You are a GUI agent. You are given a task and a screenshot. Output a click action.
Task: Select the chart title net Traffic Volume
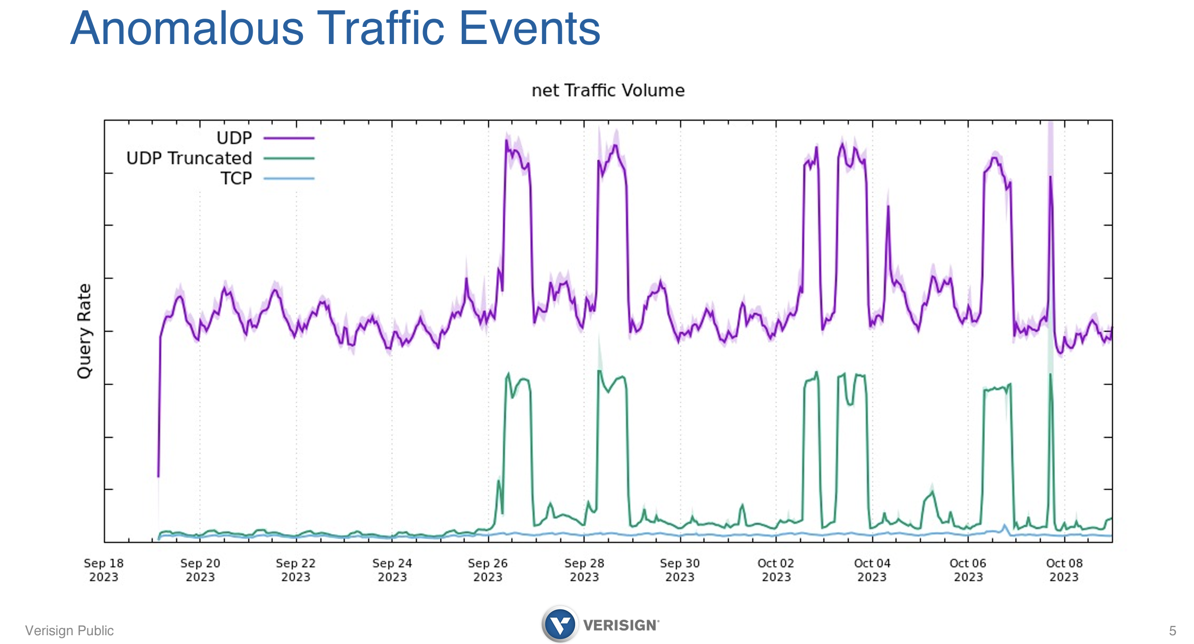[608, 91]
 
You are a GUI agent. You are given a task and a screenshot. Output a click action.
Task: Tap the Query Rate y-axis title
[84, 331]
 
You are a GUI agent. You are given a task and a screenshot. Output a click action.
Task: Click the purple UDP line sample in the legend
[289, 138]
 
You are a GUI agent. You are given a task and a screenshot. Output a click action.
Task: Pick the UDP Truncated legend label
[189, 158]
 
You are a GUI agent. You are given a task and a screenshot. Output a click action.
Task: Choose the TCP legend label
[236, 179]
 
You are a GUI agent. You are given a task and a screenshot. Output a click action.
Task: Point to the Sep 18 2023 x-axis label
[104, 570]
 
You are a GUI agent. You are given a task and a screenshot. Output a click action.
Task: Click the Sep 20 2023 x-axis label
[200, 570]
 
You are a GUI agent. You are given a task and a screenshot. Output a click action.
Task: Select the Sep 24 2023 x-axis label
[392, 570]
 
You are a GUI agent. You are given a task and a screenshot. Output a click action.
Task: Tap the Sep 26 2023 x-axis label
[488, 570]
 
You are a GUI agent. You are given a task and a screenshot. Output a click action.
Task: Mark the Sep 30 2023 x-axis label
[680, 570]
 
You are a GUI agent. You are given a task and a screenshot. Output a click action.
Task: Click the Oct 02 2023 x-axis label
[776, 570]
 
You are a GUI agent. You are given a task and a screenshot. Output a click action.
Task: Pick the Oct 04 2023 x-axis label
[872, 570]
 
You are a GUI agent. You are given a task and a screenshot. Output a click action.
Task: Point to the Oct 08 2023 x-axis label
[1064, 570]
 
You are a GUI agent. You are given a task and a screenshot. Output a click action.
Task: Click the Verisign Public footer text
[69, 631]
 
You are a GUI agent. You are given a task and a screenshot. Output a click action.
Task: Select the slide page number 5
[1172, 631]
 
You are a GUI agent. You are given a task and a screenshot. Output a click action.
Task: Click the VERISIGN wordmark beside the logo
[620, 625]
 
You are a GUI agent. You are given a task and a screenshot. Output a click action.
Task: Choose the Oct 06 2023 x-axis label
[968, 570]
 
